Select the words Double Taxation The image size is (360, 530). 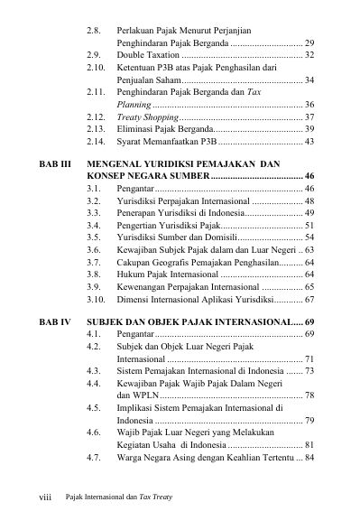tap(145, 55)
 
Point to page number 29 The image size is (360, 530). tap(309, 42)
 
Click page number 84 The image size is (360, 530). tap(309, 457)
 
